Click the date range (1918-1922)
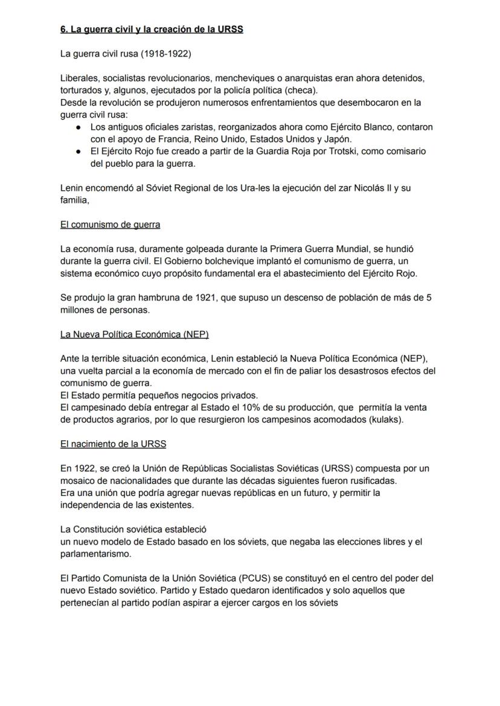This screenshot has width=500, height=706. (x=167, y=54)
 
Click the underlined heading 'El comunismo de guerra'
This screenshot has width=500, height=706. (x=110, y=225)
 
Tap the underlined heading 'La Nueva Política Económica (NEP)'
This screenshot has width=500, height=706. (x=134, y=334)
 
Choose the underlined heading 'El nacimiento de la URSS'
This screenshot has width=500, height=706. (x=113, y=444)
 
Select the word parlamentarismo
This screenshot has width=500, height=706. (x=95, y=554)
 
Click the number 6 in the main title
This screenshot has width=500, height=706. (x=63, y=29)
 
